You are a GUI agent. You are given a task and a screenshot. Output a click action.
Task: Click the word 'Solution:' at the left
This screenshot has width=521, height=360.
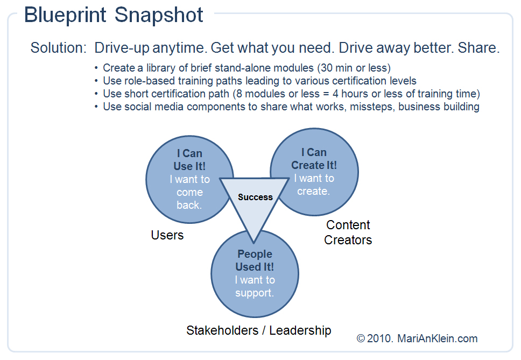[x=58, y=47]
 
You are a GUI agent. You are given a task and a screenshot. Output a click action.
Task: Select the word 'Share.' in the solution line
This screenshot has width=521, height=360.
[x=479, y=47]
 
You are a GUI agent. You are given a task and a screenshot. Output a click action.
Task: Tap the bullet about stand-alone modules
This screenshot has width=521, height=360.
[x=247, y=68]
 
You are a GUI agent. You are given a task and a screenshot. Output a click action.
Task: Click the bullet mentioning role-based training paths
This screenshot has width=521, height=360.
[x=259, y=81]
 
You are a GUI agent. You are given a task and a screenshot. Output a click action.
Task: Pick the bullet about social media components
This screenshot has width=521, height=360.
[x=291, y=107]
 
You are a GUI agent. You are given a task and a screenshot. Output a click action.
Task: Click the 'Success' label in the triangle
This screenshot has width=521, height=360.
[x=255, y=197]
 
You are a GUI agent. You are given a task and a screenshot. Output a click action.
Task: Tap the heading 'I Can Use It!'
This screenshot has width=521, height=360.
[x=189, y=160]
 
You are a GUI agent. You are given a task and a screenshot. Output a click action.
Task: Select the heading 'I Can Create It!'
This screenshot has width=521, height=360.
[x=314, y=159]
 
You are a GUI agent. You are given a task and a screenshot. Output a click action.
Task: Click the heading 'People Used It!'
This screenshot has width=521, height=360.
[x=255, y=260]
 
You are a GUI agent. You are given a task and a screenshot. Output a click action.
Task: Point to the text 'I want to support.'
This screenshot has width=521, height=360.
[x=255, y=286]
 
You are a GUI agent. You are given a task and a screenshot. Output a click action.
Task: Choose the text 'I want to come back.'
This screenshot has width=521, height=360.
[x=189, y=192]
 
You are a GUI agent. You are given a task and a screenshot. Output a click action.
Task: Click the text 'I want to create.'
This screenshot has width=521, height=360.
[x=314, y=185]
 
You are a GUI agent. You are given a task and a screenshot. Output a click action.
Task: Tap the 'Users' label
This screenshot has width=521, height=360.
[x=167, y=235]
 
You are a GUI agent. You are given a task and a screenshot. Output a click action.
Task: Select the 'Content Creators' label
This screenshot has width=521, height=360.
[x=348, y=232]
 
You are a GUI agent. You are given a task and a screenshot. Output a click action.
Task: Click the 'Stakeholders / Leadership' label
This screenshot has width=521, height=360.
[x=258, y=330]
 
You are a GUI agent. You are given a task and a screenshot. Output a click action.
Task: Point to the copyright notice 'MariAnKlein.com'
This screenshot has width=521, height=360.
[x=438, y=338]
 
